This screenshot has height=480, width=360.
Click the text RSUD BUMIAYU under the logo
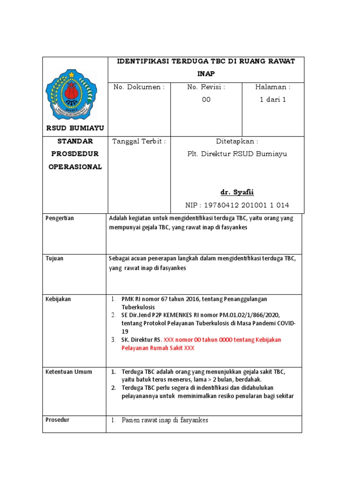75,128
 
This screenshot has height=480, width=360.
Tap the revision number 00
206,99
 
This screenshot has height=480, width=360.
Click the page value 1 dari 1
273,99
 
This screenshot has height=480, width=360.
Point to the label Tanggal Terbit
139,141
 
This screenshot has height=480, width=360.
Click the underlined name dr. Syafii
237,193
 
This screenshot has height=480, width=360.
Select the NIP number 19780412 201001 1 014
237,205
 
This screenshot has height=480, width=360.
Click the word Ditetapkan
237,141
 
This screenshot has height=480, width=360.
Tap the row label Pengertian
60,218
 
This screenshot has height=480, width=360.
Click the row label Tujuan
55,258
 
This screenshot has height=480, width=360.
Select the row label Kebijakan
58,299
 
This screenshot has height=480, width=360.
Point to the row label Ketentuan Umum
69,372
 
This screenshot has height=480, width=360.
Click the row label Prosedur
57,420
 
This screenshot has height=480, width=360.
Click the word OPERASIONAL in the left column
75,167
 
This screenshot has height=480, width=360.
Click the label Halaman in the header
273,87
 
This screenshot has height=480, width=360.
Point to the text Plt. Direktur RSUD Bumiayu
237,154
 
